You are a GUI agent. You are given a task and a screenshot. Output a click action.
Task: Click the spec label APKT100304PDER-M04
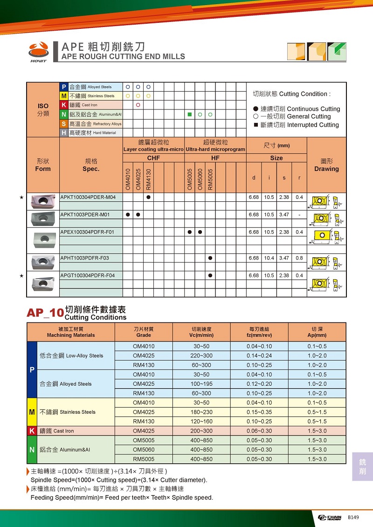point(88,197)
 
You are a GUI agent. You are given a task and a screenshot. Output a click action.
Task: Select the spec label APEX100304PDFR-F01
point(87,232)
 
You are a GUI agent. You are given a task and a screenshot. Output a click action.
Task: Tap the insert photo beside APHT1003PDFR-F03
point(43,262)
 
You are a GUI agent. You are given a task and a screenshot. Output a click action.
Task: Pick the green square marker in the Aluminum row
point(190,114)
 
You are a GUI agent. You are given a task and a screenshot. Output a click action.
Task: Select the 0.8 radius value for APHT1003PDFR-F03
point(299,258)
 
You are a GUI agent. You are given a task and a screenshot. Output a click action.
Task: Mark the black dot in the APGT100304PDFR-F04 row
point(210,275)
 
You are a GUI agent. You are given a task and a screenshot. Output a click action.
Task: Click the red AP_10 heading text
point(45,313)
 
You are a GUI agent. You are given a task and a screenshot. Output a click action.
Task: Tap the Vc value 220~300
point(202,356)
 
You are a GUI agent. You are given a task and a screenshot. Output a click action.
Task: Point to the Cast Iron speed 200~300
point(202,431)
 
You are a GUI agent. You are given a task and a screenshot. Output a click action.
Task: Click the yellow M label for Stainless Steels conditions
point(32,412)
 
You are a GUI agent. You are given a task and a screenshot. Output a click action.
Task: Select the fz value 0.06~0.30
point(259,431)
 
